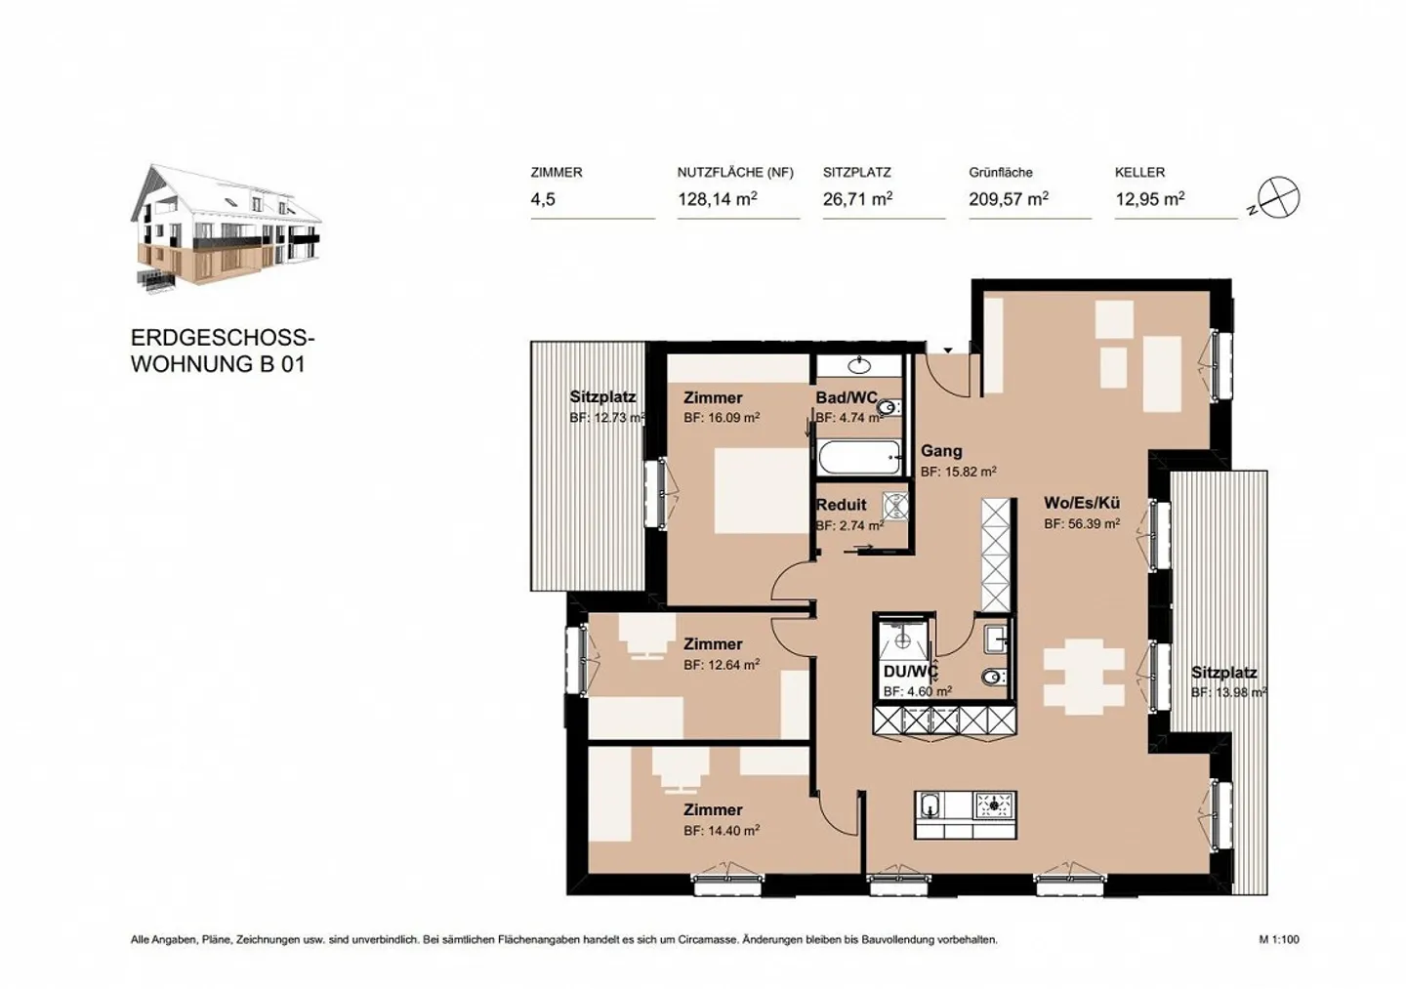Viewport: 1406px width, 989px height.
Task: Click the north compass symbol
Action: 1278,198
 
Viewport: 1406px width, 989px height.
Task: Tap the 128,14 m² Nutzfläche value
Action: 718,199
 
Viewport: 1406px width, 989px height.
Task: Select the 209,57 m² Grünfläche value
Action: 1009,199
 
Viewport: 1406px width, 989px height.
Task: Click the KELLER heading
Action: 1139,172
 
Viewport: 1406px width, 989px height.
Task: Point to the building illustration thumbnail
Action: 227,228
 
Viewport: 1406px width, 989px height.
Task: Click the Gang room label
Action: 941,451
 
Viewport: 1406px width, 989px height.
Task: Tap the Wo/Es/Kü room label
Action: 1082,503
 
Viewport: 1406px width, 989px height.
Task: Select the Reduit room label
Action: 841,505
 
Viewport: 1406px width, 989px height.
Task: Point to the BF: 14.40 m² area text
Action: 722,831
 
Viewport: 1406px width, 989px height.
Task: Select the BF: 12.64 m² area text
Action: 722,665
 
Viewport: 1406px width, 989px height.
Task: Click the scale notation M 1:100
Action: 1279,940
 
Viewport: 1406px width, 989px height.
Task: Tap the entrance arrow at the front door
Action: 947,350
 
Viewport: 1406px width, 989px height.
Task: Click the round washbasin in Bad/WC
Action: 859,366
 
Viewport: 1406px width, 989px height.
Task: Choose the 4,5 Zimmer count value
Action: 543,199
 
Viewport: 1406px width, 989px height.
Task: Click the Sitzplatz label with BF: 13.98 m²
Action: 1223,673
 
